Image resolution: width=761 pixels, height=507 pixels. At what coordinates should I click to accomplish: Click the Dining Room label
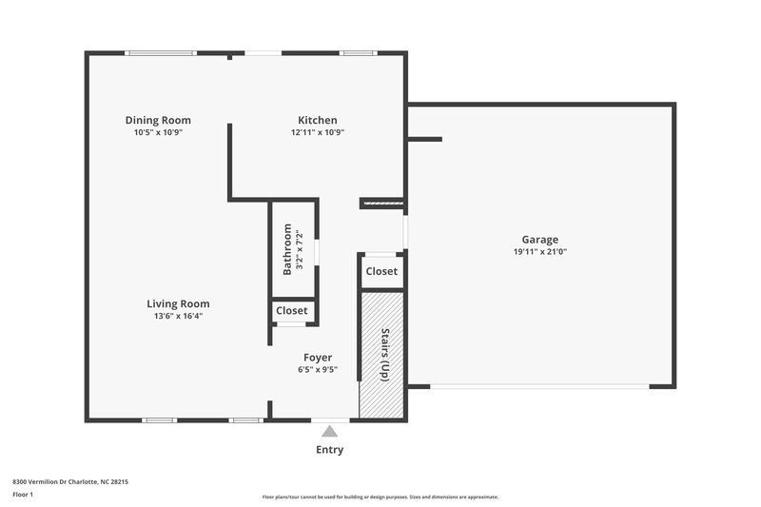[158, 120]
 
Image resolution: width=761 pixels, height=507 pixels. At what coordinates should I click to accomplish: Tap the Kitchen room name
[317, 120]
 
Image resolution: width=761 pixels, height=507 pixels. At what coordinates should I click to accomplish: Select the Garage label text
[539, 240]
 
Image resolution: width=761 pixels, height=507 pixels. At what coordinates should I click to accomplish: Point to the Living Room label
[178, 303]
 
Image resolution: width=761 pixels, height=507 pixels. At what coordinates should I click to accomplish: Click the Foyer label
[318, 358]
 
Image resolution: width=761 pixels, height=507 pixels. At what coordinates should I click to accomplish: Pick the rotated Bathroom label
[287, 249]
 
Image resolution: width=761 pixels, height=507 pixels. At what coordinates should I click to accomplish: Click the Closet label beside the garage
[381, 271]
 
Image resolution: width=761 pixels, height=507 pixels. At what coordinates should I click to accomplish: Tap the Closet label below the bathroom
[292, 310]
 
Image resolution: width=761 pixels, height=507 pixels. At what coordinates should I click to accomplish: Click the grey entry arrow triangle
[329, 431]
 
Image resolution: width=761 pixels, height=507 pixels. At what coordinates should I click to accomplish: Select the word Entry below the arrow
[329, 450]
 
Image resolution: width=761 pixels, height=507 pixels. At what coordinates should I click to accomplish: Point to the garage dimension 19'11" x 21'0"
[539, 252]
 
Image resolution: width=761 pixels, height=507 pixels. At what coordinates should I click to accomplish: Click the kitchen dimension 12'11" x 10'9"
[317, 132]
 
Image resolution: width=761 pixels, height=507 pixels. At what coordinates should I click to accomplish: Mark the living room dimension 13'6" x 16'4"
[178, 316]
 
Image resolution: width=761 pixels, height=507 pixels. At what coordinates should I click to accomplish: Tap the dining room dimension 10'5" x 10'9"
[158, 132]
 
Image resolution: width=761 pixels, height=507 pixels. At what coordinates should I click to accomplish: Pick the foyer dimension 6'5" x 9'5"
[318, 370]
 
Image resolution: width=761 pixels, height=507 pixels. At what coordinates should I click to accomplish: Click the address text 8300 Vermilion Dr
[70, 482]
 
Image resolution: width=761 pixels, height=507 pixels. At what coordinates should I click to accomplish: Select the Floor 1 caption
[23, 496]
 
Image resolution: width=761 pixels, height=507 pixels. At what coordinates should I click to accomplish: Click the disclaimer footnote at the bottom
[380, 497]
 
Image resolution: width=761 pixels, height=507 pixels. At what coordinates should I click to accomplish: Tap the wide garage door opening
[539, 386]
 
